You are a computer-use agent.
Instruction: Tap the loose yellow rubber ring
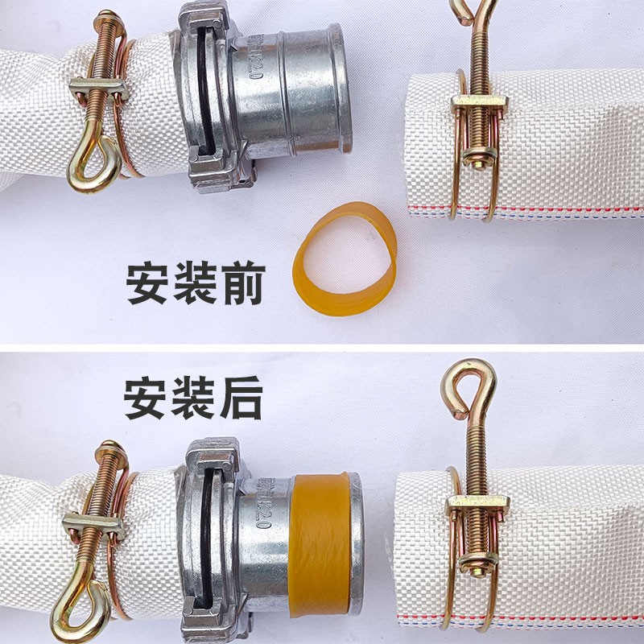(x=346, y=258)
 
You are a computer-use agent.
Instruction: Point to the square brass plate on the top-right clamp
(x=477, y=106)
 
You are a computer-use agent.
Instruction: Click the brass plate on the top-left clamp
(x=97, y=89)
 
